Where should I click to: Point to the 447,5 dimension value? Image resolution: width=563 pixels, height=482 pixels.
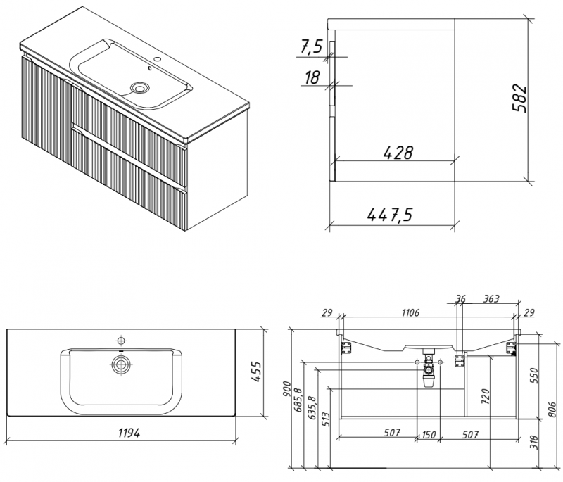389,215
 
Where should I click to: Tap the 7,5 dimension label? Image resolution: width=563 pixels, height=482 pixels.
311,47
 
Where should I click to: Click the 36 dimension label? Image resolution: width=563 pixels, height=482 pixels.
460,299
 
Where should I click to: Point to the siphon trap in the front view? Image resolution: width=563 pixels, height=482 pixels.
427,373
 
